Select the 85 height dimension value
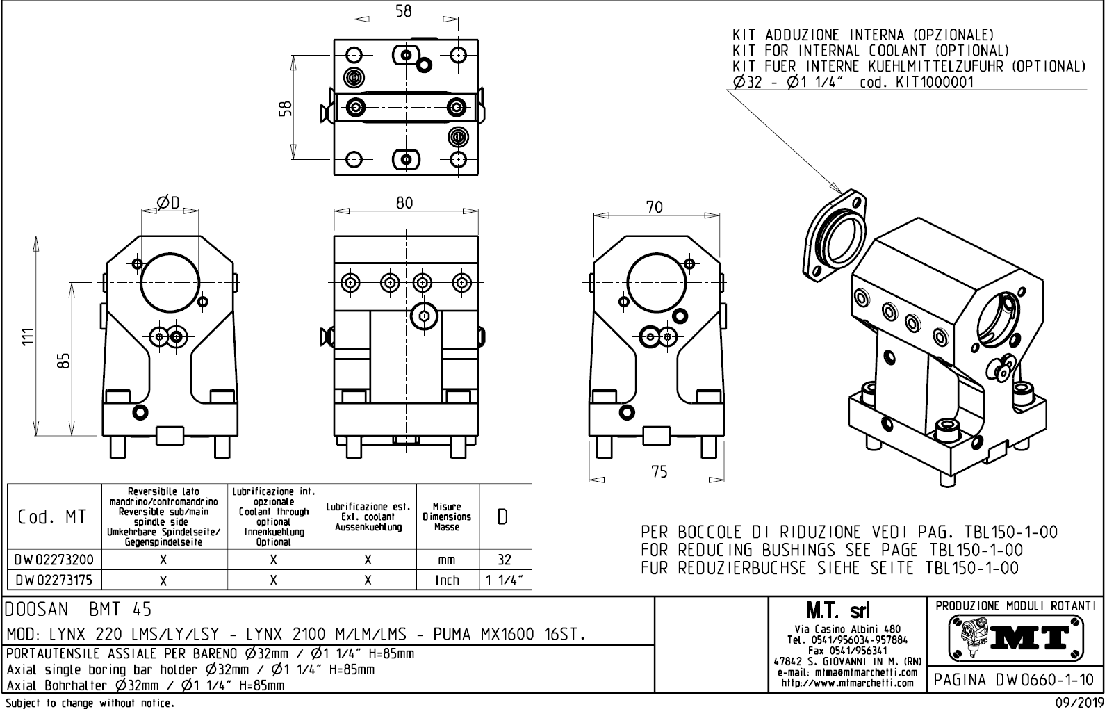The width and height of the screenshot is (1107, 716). [x=63, y=360]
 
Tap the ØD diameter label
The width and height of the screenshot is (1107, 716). [x=167, y=202]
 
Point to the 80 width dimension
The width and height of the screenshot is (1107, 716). [x=404, y=202]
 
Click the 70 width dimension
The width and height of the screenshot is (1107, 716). [x=654, y=207]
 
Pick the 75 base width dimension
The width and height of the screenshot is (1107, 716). [x=659, y=471]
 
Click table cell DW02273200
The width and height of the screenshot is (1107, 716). [x=54, y=560]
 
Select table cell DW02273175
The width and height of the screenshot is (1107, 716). [x=54, y=579]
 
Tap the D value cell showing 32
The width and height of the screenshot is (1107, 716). [x=505, y=560]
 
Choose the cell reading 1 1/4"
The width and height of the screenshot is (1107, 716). [x=505, y=579]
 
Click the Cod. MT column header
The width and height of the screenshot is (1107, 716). [x=54, y=516]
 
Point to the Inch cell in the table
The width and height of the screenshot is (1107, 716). [x=447, y=579]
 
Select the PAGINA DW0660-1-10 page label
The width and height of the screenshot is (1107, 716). [x=1015, y=679]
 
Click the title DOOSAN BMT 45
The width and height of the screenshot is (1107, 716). [x=79, y=610]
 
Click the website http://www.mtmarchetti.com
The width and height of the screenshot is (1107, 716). [x=847, y=683]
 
